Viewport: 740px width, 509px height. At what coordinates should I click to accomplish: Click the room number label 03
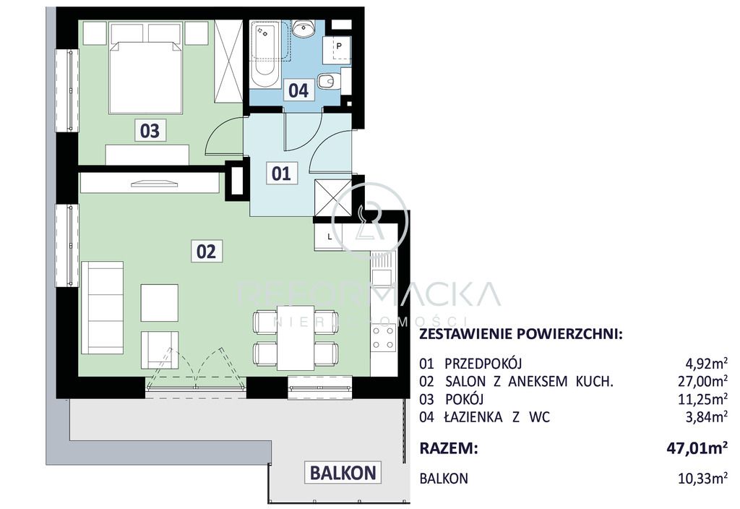150,131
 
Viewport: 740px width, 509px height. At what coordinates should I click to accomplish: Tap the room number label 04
298,90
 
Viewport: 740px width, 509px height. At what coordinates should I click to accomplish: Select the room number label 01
281,173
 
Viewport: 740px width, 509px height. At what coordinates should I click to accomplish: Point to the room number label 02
206,251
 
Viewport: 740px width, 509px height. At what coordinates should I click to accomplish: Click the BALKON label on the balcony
343,473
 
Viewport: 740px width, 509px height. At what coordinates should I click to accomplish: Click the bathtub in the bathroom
265,54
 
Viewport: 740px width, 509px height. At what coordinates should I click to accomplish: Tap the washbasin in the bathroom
303,30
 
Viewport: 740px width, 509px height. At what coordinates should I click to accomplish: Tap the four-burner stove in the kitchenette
383,336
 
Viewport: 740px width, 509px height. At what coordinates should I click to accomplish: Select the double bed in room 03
145,77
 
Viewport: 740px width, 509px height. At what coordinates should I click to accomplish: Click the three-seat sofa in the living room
102,308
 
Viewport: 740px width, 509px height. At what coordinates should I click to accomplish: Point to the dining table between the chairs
295,337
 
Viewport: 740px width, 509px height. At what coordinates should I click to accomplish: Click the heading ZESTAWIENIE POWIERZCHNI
520,334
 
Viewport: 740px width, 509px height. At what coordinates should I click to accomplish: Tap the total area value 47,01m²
696,448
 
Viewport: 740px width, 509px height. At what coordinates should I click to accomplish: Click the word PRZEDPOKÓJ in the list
483,364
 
